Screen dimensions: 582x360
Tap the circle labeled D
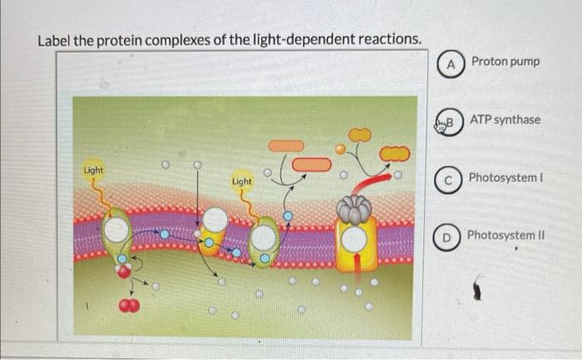click(x=447, y=236)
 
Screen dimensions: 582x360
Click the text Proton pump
click(x=505, y=62)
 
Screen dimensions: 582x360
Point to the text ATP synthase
click(x=505, y=120)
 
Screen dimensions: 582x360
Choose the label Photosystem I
click(x=506, y=178)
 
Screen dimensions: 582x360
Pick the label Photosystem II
click(x=506, y=235)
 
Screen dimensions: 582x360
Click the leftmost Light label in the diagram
click(x=94, y=170)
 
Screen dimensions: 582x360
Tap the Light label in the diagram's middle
click(x=242, y=180)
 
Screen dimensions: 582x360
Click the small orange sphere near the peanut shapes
click(x=339, y=150)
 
